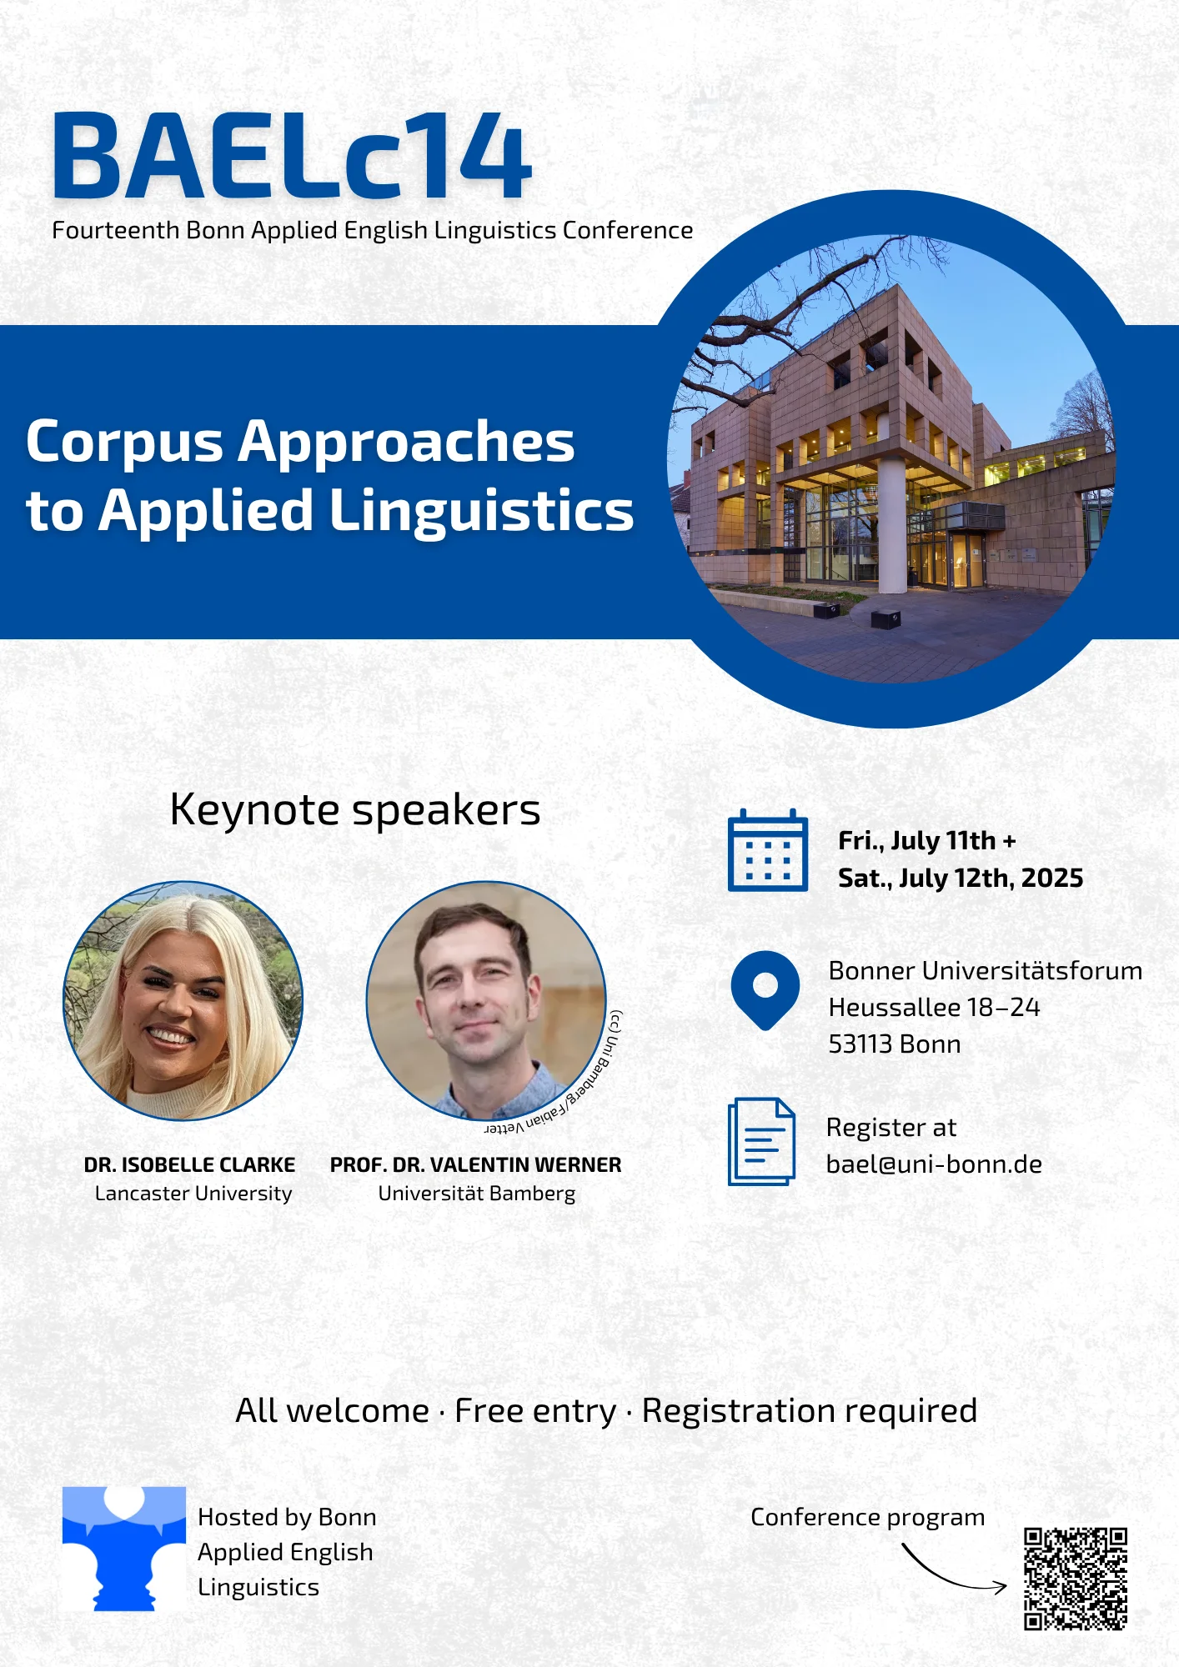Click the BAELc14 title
(292, 157)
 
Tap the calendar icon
(767, 850)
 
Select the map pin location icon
(765, 990)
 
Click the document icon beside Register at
(761, 1141)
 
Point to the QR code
(1076, 1579)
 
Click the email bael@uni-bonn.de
(934, 1164)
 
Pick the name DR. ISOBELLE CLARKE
(189, 1164)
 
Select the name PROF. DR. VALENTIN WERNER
(475, 1164)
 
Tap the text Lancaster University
(193, 1194)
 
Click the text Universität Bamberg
(477, 1194)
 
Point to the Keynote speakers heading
(355, 810)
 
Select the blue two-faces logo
(124, 1548)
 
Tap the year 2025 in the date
(1052, 878)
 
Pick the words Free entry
(535, 1411)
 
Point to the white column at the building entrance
(892, 525)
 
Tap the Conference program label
(868, 1518)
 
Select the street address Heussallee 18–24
(934, 1008)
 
